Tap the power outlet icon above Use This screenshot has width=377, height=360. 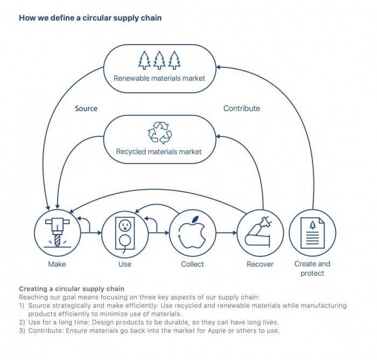124,233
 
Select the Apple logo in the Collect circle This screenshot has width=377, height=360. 192,233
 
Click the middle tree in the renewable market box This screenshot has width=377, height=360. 159,60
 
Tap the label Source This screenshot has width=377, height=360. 86,108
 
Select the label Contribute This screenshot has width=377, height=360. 241,108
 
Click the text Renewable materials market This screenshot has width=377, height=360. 159,79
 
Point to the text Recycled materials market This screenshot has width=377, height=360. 159,152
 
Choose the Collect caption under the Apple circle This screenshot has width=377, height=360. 192,264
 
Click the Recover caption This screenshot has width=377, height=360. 260,264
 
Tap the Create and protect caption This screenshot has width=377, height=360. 312,268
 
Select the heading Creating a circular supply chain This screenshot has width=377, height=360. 72,289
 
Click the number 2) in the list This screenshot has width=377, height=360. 22,322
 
